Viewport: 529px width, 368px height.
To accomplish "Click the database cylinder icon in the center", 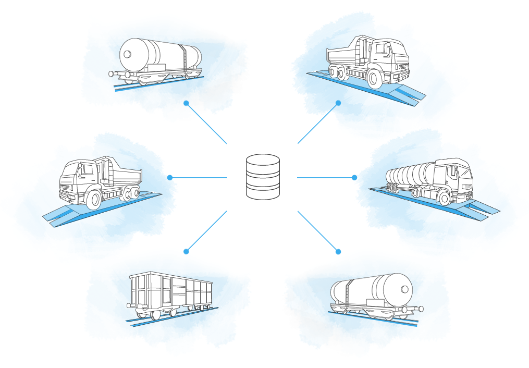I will click(263, 177).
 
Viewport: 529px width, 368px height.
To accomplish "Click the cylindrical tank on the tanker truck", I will click(412, 174).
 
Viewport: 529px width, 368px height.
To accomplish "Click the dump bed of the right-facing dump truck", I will click(348, 55).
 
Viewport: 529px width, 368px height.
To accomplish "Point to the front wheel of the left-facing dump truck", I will click(94, 200).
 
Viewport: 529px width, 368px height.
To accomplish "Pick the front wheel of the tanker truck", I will click(444, 198).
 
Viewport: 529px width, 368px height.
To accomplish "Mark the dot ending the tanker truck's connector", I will click(354, 178).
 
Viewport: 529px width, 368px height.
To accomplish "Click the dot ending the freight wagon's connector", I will click(186, 252).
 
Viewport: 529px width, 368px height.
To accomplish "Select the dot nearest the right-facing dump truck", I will click(338, 103).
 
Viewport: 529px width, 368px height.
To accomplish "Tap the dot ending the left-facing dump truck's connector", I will click(170, 178).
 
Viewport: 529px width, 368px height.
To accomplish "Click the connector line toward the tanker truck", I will click(326, 178).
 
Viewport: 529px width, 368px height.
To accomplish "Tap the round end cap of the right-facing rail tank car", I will click(404, 289).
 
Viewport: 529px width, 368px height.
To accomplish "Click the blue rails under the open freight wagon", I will click(172, 316).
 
